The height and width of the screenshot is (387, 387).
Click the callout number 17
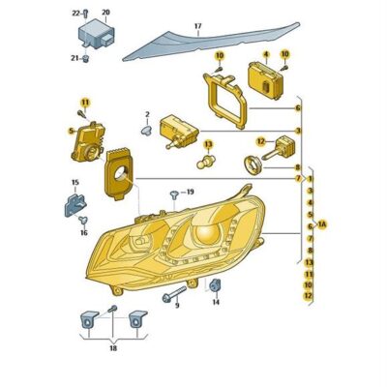197,26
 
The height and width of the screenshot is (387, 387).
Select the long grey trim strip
211,42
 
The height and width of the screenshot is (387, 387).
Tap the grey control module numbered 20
96,35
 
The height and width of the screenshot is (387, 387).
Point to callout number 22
75,13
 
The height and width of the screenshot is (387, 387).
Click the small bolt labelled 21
86,59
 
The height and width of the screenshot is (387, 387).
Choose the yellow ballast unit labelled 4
266,81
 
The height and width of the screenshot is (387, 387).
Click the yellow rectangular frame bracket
224,100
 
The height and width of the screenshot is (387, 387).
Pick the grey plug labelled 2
146,131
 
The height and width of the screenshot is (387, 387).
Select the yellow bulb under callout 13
206,162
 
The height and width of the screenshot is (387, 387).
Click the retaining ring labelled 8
253,164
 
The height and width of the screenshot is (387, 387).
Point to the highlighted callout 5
71,131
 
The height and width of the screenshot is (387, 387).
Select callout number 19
191,193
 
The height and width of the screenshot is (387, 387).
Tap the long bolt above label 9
175,294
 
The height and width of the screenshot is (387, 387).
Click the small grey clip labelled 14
215,284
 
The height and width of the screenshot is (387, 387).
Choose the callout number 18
113,348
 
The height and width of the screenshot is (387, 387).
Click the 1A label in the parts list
322,223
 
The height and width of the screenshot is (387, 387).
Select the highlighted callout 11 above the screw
84,103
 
